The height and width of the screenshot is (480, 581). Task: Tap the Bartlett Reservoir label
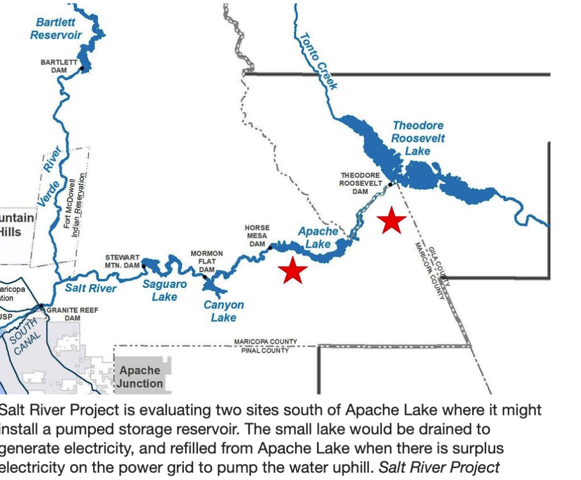(x=56, y=28)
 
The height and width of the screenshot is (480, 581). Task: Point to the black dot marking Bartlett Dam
(x=82, y=69)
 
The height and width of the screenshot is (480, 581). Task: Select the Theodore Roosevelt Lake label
(x=418, y=138)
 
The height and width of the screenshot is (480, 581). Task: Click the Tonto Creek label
(x=318, y=61)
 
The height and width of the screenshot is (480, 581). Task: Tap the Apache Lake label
(x=318, y=237)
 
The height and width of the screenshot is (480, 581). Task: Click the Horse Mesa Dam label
(x=257, y=236)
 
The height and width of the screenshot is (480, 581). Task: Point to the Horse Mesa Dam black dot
(x=270, y=248)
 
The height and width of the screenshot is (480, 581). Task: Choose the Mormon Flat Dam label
(x=207, y=261)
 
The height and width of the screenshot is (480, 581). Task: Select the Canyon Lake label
(x=224, y=311)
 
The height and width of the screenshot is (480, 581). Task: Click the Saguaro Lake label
(x=165, y=290)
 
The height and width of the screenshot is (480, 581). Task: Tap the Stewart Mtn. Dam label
(x=122, y=261)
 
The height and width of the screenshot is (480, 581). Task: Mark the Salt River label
(x=91, y=288)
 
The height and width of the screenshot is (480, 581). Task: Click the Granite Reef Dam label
(x=72, y=314)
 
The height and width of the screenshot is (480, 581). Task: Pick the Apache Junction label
(x=140, y=377)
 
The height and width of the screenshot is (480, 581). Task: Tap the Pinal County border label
(x=266, y=350)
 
